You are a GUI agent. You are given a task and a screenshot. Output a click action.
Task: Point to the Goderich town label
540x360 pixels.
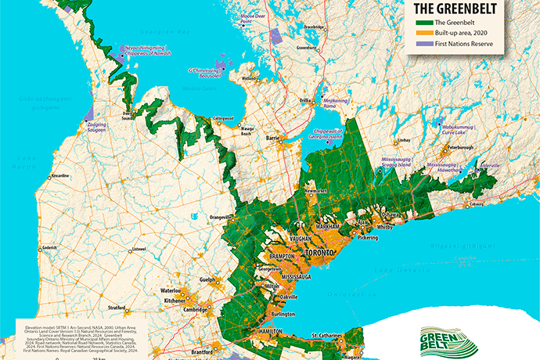(x=49, y=248)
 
